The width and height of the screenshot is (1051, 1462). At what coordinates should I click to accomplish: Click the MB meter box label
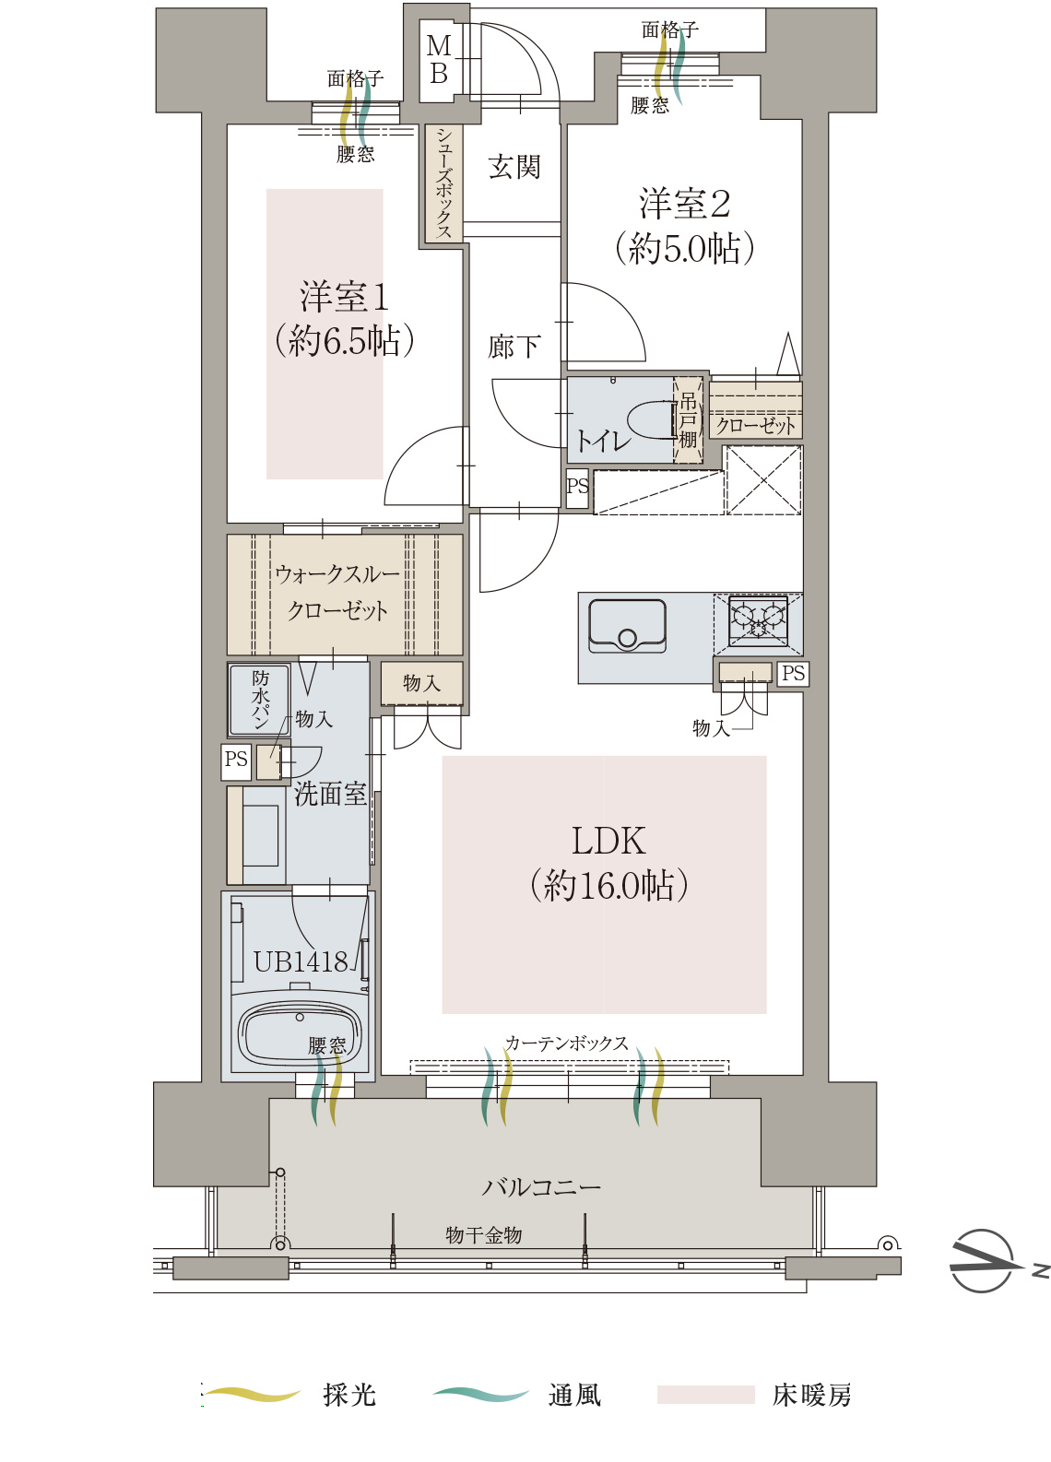(438, 59)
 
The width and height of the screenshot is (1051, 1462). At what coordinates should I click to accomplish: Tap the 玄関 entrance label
(514, 167)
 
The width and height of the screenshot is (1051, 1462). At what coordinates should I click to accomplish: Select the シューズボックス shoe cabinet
(443, 183)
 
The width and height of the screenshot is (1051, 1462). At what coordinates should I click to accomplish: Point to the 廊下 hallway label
(514, 347)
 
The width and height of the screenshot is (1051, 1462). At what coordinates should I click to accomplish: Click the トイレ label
(603, 441)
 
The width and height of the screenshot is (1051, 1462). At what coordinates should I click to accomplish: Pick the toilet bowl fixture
(650, 419)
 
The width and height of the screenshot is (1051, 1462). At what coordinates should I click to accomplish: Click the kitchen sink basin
(627, 625)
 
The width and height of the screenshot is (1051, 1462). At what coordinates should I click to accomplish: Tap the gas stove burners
(757, 617)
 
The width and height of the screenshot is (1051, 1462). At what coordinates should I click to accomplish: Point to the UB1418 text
(301, 961)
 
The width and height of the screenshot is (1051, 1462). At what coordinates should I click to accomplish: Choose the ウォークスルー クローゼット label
(337, 593)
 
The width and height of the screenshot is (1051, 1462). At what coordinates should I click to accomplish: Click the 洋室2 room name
(684, 204)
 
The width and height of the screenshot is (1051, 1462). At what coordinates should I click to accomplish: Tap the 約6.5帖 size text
(344, 340)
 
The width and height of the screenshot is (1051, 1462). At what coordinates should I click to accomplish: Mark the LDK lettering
(608, 841)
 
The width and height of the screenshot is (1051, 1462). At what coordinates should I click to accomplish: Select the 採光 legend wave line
(253, 1395)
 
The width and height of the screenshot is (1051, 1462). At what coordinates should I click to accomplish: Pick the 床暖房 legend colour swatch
(705, 1394)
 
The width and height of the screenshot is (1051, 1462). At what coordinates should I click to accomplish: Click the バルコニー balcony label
(541, 1186)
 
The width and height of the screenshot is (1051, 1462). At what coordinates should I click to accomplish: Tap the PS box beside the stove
(793, 673)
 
